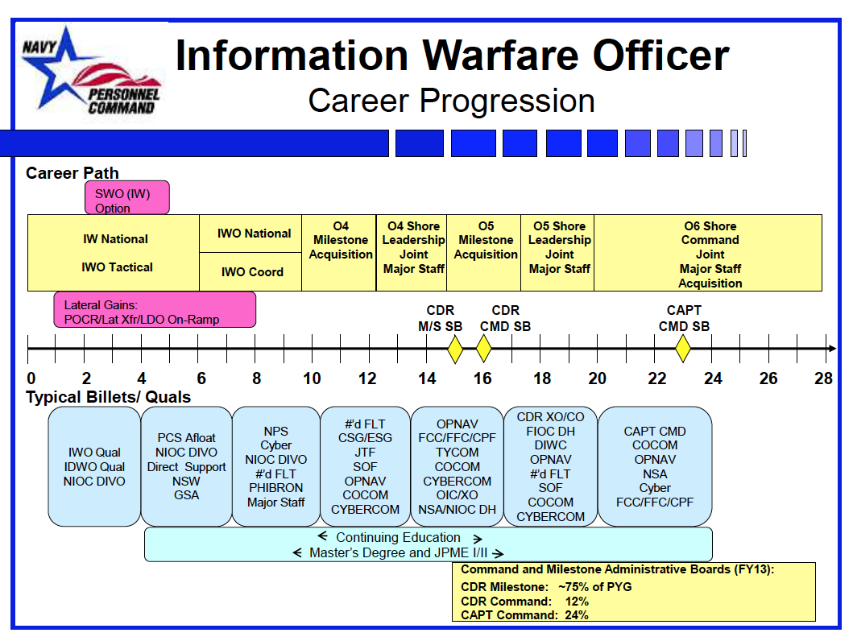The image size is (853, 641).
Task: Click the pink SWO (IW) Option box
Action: click(x=126, y=197)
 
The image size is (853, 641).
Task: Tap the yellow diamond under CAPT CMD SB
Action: click(x=683, y=348)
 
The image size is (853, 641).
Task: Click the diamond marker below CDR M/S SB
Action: click(x=454, y=348)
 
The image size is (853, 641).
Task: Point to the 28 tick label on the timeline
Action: click(x=822, y=378)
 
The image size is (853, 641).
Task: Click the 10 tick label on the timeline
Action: click(x=312, y=378)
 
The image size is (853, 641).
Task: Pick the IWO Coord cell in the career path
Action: click(x=252, y=272)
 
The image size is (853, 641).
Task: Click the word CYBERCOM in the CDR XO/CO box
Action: click(x=550, y=516)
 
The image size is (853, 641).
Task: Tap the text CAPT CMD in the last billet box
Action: click(x=655, y=432)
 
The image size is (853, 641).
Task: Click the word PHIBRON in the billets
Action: click(x=275, y=488)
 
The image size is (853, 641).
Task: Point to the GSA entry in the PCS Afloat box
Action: click(x=186, y=495)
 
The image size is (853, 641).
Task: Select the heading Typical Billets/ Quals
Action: click(x=108, y=397)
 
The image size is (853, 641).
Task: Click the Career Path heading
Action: click(x=72, y=173)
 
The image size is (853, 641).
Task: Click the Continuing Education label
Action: click(x=398, y=537)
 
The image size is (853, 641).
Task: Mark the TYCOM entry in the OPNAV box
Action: click(x=458, y=453)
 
